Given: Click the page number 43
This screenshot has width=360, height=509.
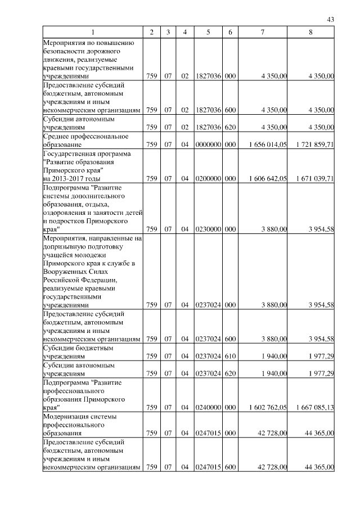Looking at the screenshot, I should coord(331,20).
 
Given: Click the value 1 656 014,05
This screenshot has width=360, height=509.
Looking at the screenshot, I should coord(268,145).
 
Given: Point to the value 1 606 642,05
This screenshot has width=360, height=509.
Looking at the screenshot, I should coord(268,179).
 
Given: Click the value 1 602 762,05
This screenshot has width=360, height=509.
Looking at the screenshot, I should coord(268,407).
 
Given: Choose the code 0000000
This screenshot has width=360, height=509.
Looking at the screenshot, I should coord(208,145).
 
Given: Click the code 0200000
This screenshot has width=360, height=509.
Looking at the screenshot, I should coord(208,179).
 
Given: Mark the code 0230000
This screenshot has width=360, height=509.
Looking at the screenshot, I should coord(208,229).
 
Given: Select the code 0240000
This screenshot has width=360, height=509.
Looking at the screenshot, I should coord(208,407).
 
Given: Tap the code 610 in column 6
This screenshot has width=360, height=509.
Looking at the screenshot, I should coord(229,356).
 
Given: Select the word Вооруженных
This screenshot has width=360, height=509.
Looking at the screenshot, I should coord(64,272).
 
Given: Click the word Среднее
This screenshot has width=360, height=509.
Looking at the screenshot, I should coord(56,136).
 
